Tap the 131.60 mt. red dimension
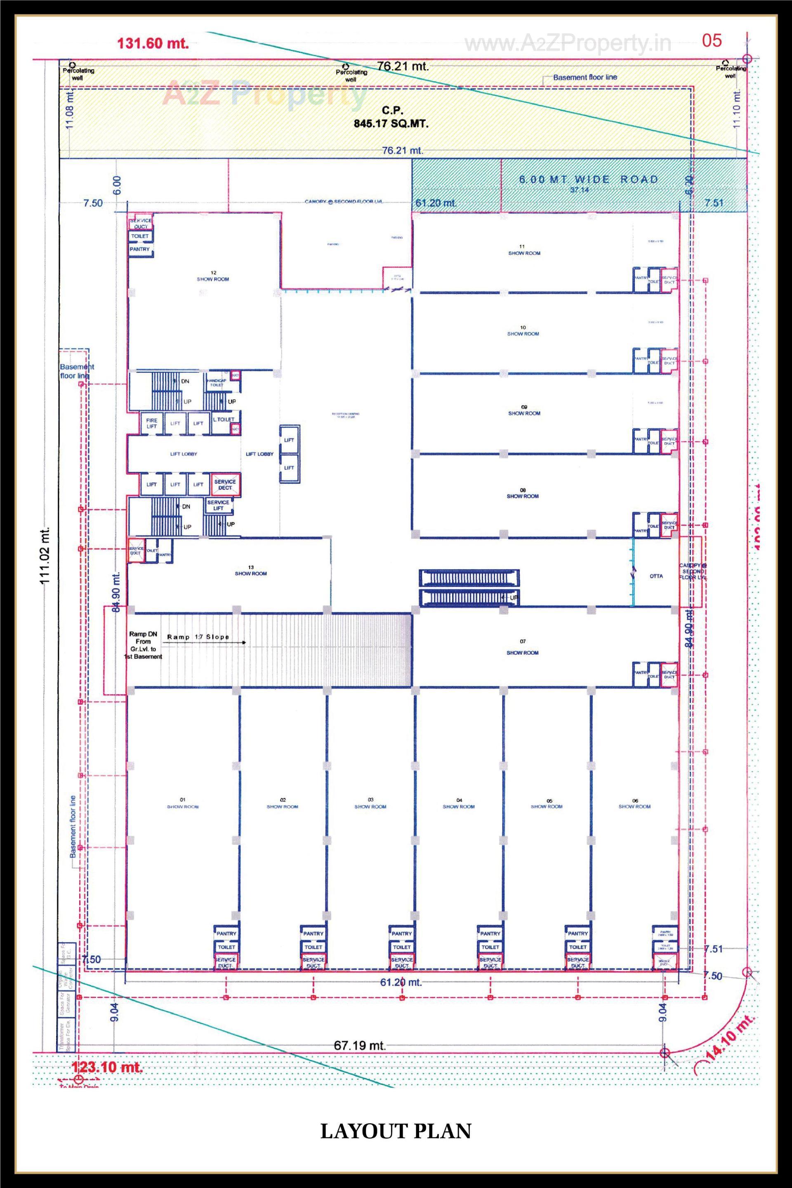coord(153,43)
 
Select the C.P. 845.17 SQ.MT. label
coord(391,117)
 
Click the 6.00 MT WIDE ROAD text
coord(589,179)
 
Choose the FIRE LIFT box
coord(151,423)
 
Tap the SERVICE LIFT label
coord(218,505)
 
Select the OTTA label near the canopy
coord(656,576)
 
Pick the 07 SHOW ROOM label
coord(523,647)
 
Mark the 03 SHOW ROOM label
coord(370,803)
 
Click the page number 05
coord(712,41)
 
